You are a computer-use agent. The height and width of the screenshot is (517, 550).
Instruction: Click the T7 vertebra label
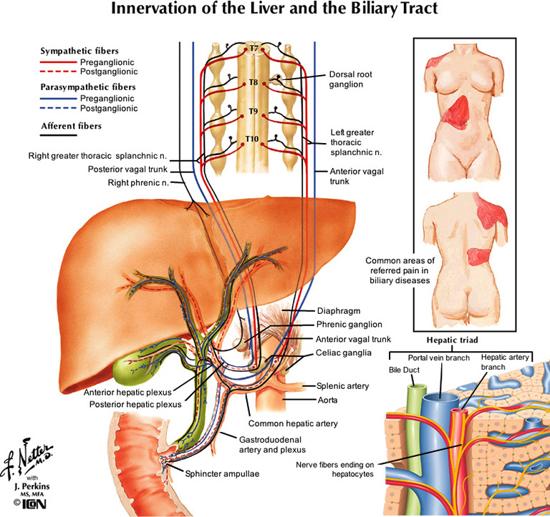click(253, 49)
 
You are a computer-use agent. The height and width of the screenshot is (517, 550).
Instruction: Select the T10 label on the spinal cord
click(253, 138)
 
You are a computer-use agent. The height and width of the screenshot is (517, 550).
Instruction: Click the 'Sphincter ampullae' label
click(222, 473)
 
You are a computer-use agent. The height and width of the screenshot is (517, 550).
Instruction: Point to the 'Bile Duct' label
click(403, 371)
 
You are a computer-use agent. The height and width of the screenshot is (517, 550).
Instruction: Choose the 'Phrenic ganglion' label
click(349, 324)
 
